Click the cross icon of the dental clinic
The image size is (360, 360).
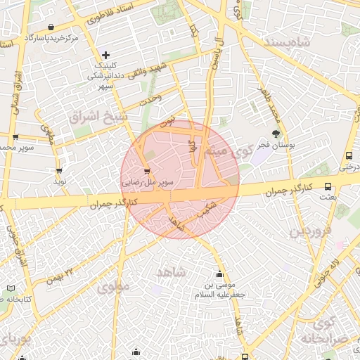(105, 55)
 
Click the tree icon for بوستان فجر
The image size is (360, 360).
(276, 134)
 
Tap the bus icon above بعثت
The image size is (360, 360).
(328, 186)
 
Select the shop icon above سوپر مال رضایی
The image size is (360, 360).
(146, 171)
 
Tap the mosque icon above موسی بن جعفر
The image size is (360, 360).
(221, 274)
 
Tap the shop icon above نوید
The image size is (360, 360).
(58, 170)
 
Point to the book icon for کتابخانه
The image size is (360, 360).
(9, 288)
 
